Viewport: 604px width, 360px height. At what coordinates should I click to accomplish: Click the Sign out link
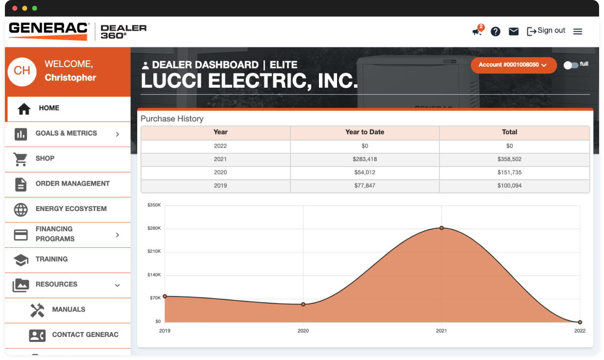(546, 31)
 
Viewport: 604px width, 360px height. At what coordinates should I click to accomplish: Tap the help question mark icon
(495, 31)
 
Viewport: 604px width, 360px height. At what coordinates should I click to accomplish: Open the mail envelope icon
(513, 31)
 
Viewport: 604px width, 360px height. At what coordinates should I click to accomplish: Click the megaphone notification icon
(477, 31)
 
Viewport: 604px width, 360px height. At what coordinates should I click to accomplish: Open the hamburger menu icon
(578, 31)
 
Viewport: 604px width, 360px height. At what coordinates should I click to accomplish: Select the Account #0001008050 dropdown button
(513, 65)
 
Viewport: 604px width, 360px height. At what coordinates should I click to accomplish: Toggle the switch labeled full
(571, 65)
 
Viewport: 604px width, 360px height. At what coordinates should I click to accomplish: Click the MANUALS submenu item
(69, 310)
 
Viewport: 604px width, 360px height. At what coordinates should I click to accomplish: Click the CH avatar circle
(22, 71)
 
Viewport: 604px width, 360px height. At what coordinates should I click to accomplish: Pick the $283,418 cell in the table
(364, 159)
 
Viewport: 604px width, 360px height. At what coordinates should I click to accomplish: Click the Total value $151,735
(509, 172)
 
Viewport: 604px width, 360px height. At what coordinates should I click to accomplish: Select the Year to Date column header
(364, 132)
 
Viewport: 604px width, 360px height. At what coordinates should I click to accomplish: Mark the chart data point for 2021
(441, 228)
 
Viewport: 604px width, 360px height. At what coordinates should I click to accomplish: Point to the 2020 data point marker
(303, 304)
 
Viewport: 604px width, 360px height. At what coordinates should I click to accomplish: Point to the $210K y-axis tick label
(154, 251)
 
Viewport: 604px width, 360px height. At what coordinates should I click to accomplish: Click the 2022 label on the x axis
(580, 331)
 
